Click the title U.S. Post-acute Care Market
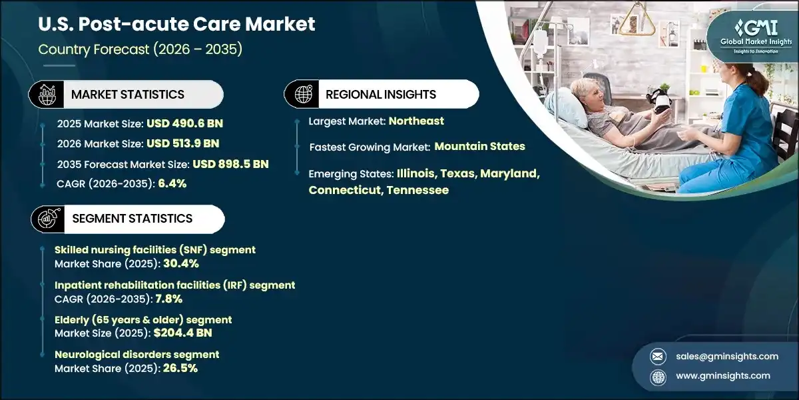(177, 25)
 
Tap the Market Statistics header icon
(48, 94)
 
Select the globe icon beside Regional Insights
(303, 94)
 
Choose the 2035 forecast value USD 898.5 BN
(230, 164)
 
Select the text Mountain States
(480, 146)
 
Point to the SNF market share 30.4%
(181, 263)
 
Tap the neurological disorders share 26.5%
(180, 368)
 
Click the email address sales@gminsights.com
(727, 356)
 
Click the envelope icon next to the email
(658, 356)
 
